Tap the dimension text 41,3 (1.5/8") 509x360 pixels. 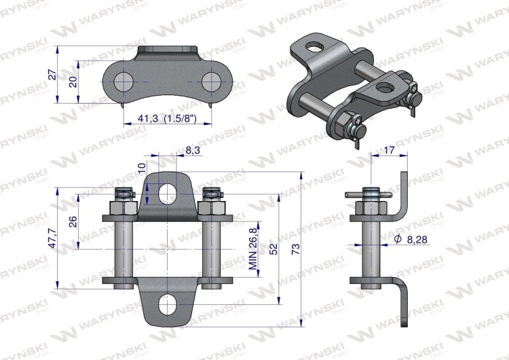[x=166, y=119]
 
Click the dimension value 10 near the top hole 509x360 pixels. [x=141, y=168]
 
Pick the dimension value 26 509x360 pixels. [x=73, y=221]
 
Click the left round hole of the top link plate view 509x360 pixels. [x=123, y=82]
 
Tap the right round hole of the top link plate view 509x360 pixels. [x=212, y=82]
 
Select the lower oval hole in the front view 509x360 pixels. [x=167, y=304]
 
